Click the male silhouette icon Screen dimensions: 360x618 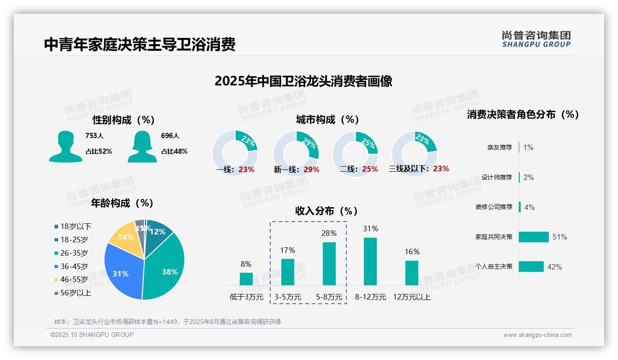click(x=65, y=146)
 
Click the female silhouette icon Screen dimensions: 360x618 click(x=142, y=146)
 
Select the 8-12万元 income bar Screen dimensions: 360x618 click(x=370, y=261)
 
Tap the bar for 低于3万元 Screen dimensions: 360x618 click(x=246, y=279)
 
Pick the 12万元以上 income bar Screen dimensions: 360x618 click(x=412, y=273)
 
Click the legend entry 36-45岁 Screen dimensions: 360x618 click(x=74, y=266)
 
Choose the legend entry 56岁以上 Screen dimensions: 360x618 click(x=76, y=293)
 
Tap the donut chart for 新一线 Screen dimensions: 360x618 click(x=296, y=154)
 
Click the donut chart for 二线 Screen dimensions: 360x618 click(x=355, y=154)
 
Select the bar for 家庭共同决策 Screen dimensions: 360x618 click(x=534, y=237)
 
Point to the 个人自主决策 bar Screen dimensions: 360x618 click(x=531, y=266)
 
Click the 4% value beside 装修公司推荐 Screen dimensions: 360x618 click(x=529, y=207)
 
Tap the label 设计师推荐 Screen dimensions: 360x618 click(x=496, y=177)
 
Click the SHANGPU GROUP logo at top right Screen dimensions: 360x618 click(x=536, y=39)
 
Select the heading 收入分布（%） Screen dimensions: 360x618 click(x=327, y=211)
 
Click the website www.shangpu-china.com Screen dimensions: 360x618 click(x=537, y=335)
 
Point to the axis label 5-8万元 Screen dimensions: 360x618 click(x=329, y=297)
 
